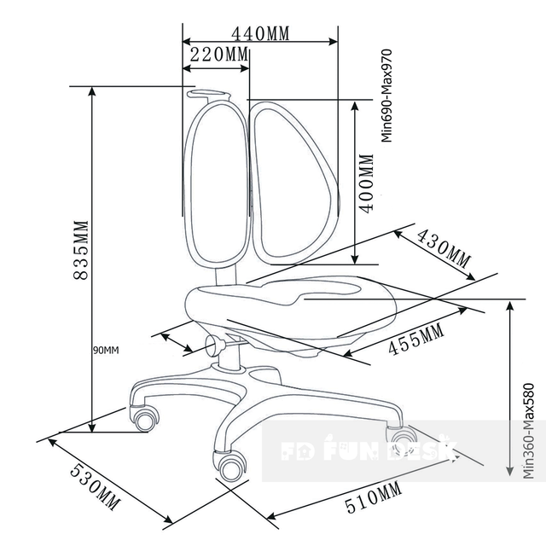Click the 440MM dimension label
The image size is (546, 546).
(260, 34)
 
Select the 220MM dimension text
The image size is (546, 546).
(219, 55)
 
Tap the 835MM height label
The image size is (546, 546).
(81, 250)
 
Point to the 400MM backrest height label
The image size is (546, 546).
(366, 183)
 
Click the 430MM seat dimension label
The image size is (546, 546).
(444, 249)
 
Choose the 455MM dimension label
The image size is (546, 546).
(416, 340)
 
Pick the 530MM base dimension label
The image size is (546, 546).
(95, 487)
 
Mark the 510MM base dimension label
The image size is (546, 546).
(374, 498)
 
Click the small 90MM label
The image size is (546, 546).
(106, 351)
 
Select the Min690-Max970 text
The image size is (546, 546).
(386, 96)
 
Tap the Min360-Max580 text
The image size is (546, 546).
(529, 431)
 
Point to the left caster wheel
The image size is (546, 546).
(145, 419)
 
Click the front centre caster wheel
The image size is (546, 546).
(229, 466)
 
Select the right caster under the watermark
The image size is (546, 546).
(401, 439)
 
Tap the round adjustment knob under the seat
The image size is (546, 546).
(214, 345)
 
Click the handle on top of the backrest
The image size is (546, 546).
(208, 94)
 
